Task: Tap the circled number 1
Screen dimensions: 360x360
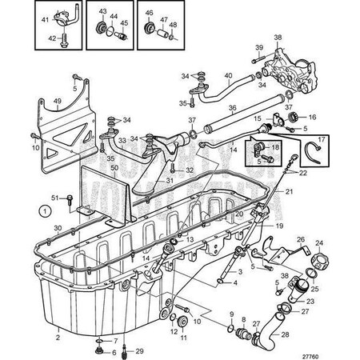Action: coord(46,212)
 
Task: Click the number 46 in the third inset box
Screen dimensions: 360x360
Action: coord(150,14)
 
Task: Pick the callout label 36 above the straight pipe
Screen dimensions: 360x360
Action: coord(233,110)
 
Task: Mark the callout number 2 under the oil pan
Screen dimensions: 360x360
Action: coord(57,338)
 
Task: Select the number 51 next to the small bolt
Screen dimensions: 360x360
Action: coord(56,198)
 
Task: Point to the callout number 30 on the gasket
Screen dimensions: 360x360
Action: coord(57,228)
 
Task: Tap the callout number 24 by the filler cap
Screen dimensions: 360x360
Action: coord(318,243)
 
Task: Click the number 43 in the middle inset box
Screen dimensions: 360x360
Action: coord(103,14)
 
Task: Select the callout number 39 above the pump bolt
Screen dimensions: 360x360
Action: coord(259,49)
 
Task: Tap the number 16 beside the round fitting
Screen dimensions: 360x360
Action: coord(312,117)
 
